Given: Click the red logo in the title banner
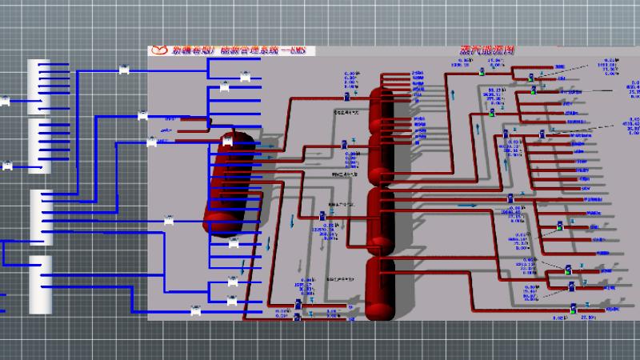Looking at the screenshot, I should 159,50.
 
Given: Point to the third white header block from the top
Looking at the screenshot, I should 42,217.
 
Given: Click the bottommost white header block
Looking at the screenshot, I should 40,284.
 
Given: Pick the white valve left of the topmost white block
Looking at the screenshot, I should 6,102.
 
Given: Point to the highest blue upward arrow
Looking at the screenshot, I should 454,94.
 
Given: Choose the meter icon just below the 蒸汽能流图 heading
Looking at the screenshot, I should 482,72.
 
